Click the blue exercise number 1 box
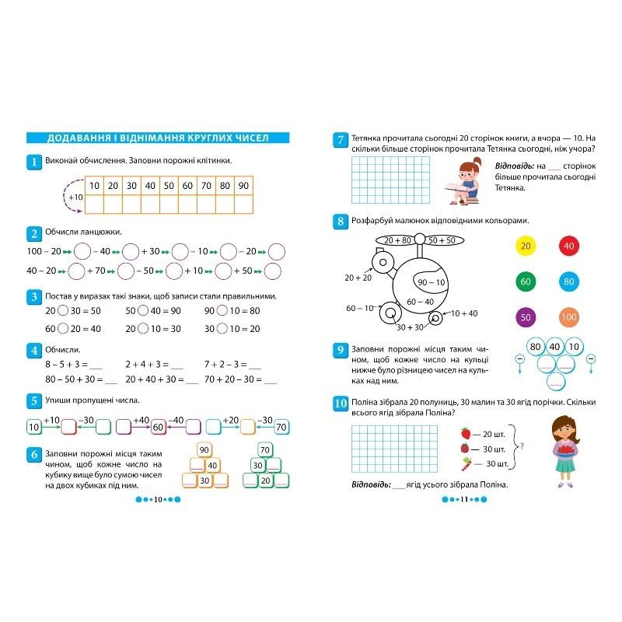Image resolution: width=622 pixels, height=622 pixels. click(33, 162)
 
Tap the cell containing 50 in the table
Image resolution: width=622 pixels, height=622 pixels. click(169, 186)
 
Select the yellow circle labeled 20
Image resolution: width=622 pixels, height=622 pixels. click(526, 246)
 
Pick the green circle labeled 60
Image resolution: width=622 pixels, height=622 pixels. click(526, 281)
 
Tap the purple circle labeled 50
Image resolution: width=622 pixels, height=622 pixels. click(526, 317)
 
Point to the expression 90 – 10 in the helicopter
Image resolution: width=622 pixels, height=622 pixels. click(431, 282)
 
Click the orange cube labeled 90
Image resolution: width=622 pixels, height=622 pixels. click(205, 449)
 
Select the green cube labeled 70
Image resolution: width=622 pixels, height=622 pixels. click(264, 449)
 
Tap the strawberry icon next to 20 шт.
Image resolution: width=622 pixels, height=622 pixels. click(466, 433)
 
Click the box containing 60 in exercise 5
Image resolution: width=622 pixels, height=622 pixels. click(158, 427)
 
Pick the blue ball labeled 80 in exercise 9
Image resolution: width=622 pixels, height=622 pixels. click(535, 347)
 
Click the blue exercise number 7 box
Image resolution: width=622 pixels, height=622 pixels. click(340, 141)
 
